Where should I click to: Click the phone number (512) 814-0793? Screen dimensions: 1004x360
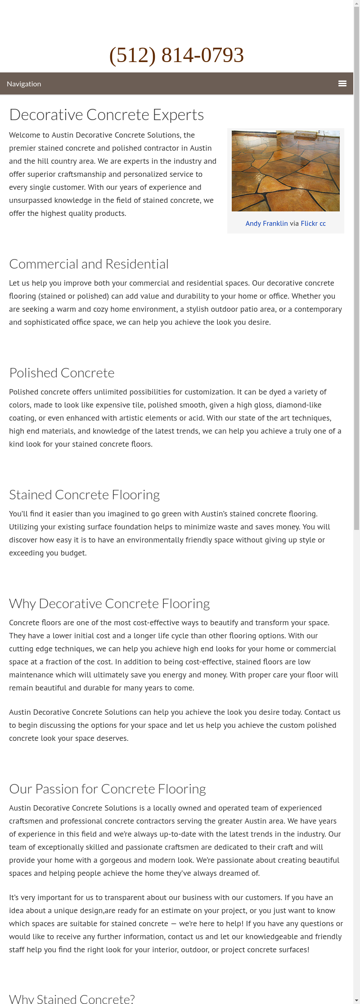click(176, 55)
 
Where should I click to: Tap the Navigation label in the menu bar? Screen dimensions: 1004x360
click(24, 84)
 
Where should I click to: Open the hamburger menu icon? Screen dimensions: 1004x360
click(342, 84)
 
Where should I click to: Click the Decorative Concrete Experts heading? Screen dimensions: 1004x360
click(106, 115)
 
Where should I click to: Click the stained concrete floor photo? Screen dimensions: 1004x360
click(285, 171)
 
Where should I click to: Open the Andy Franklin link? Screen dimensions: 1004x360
click(266, 224)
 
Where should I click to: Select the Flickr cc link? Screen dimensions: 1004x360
click(313, 224)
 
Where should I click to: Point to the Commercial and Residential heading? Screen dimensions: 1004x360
click(89, 264)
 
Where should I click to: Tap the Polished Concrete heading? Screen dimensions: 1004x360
click(62, 373)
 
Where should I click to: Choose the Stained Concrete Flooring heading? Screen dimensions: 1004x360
click(84, 495)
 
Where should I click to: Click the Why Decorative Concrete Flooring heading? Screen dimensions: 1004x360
click(109, 604)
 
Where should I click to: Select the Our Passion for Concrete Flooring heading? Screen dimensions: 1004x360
click(107, 789)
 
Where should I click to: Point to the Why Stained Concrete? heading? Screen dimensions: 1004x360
click(72, 999)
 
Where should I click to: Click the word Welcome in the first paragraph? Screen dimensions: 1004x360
click(24, 135)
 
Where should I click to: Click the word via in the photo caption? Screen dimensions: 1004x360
click(294, 224)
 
